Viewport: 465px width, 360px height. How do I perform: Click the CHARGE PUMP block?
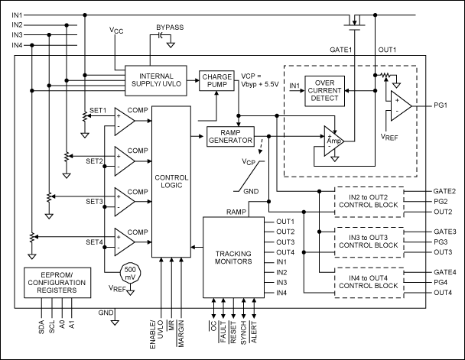click(219, 80)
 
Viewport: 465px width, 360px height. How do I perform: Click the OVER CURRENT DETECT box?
click(325, 90)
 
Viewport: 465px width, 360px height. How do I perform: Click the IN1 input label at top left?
click(17, 15)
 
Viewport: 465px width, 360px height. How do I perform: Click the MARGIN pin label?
click(181, 333)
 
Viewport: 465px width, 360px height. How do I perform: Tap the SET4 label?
click(94, 242)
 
